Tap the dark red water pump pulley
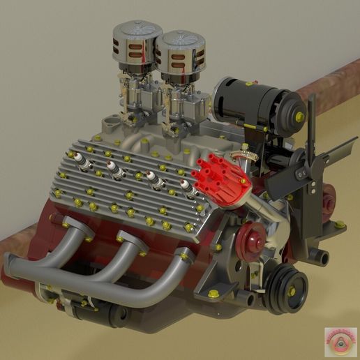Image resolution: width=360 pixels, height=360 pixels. [250, 241]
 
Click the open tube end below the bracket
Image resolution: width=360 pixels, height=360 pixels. [322, 257]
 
